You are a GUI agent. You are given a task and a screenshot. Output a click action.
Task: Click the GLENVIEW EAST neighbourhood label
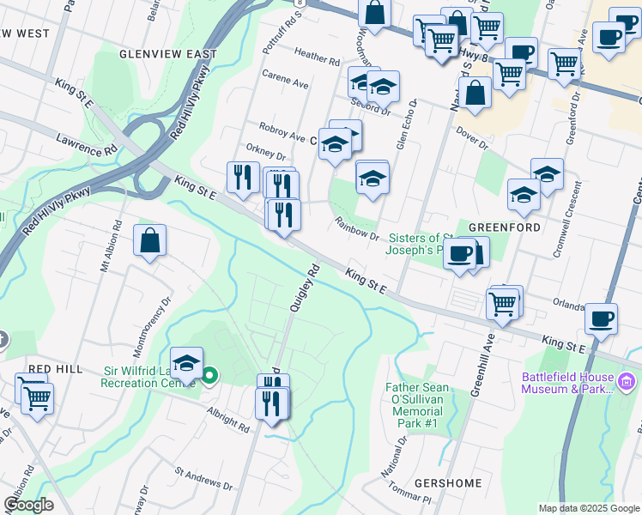click(x=168, y=53)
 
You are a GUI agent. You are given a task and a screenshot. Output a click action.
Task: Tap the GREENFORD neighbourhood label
click(x=499, y=227)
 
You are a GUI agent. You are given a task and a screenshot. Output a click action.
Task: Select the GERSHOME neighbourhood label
click(x=448, y=483)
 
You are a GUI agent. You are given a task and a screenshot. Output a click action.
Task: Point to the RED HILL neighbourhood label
click(x=55, y=368)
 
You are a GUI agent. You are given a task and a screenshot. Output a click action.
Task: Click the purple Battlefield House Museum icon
click(x=627, y=380)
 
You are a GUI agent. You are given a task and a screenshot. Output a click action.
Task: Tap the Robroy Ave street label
click(x=286, y=136)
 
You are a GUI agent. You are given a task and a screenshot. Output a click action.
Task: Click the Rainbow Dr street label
click(x=357, y=229)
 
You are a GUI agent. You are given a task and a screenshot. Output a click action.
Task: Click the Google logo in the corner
click(x=28, y=505)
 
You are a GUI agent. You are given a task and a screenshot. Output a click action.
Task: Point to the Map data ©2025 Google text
click(x=588, y=508)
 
